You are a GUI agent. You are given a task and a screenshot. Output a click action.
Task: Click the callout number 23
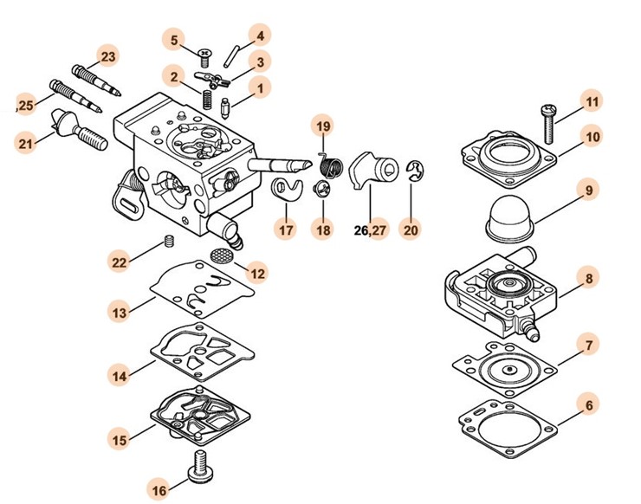click(x=108, y=56)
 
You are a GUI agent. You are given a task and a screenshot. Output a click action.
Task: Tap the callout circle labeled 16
click(x=159, y=489)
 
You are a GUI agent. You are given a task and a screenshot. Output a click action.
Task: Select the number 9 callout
click(x=589, y=190)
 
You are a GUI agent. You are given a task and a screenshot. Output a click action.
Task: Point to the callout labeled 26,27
click(x=370, y=229)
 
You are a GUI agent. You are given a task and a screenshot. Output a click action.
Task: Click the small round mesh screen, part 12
click(x=221, y=255)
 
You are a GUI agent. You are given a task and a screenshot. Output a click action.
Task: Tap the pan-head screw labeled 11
click(x=548, y=124)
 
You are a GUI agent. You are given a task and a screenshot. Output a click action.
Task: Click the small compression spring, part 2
click(x=208, y=100)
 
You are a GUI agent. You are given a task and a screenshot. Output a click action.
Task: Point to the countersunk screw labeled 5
click(x=204, y=58)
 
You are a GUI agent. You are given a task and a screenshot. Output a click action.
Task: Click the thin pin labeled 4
click(x=230, y=56)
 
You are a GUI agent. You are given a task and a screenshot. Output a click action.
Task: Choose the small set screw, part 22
click(x=169, y=241)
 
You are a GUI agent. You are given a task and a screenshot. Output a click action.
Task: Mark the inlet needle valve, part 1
click(x=225, y=108)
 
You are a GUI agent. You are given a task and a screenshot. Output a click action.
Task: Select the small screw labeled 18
click(x=320, y=190)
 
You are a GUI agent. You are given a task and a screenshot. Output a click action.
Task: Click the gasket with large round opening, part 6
click(x=508, y=429)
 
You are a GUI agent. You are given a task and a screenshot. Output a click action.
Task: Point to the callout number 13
click(x=120, y=313)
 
